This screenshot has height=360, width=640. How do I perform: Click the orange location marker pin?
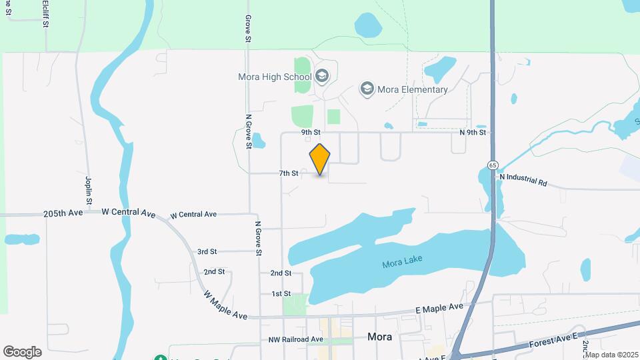pos(320,159)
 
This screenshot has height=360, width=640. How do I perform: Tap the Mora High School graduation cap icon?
pos(323,76)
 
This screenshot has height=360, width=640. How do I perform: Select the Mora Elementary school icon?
pos(366,89)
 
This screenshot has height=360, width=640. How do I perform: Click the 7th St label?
pos(289,173)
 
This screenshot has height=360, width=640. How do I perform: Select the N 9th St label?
pos(473,132)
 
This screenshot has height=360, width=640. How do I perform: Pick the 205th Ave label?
pos(63,213)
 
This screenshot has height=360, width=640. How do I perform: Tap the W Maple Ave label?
pos(225,304)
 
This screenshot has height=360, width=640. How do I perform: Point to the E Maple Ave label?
pos(439,308)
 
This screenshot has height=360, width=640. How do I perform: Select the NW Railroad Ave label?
pos(295,339)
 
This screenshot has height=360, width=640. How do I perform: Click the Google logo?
pos(22,352)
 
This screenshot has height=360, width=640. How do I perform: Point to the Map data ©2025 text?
pos(611,355)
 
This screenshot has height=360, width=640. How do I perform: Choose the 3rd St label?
pos(207,251)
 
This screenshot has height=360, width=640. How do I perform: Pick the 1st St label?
pos(281,293)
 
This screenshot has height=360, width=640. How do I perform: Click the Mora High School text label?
pos(275,77)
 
